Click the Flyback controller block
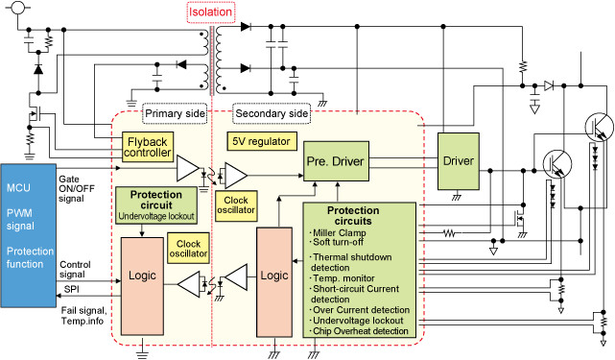click(x=148, y=147)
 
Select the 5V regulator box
click(x=262, y=141)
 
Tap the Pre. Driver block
click(x=336, y=161)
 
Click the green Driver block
click(x=458, y=161)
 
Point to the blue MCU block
click(x=28, y=235)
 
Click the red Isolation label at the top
click(x=211, y=12)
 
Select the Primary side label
click(x=175, y=113)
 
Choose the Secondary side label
click(x=272, y=113)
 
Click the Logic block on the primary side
click(x=142, y=286)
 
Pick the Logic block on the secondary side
click(x=274, y=282)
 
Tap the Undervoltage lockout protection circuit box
click(x=156, y=205)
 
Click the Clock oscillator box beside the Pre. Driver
click(x=236, y=205)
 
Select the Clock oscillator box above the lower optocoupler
click(x=188, y=249)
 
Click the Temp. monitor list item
click(x=343, y=278)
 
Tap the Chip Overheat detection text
click(x=361, y=331)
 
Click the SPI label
click(x=72, y=289)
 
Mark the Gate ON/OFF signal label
click(x=77, y=189)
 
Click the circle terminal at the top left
click(x=17, y=7)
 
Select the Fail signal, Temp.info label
click(x=83, y=316)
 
